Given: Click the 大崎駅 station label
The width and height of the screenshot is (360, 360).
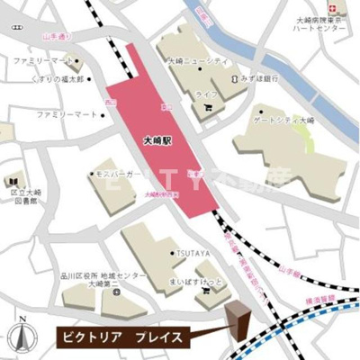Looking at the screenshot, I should click(157, 140).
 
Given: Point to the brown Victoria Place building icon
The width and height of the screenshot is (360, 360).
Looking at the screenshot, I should click(238, 321).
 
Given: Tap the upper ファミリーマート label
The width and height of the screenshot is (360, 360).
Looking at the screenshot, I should click(40, 61).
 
